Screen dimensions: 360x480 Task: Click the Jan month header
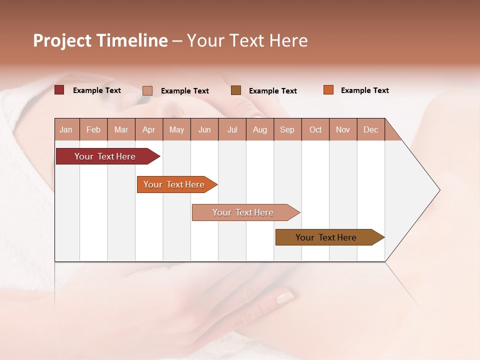(x=66, y=130)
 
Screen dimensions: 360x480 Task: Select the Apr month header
(x=148, y=130)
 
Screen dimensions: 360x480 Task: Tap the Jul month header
(x=232, y=130)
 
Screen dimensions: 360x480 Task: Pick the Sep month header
(x=287, y=130)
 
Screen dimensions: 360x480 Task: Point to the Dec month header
(x=370, y=130)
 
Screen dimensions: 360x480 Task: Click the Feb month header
(x=93, y=130)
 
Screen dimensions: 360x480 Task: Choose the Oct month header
(x=315, y=130)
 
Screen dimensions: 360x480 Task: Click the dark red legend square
(x=59, y=90)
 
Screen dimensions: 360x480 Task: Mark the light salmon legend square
(x=147, y=90)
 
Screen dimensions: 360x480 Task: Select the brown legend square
(x=236, y=90)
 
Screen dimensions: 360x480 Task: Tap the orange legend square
(x=328, y=90)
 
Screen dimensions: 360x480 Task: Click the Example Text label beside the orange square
(x=364, y=90)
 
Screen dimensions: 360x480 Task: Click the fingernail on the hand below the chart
(x=285, y=297)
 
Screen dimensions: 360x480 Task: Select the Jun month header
(x=204, y=130)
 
